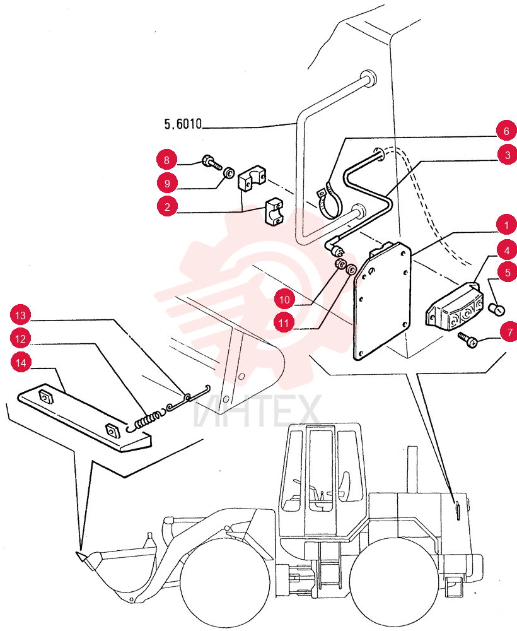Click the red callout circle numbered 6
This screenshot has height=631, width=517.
pyautogui.click(x=506, y=131)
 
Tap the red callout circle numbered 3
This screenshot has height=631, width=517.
pyautogui.click(x=507, y=155)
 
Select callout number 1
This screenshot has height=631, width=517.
pyautogui.click(x=506, y=225)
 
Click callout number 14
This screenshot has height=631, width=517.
pyautogui.click(x=21, y=363)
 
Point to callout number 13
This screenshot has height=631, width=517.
pyautogui.click(x=21, y=315)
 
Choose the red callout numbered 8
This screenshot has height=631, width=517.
pyautogui.click(x=167, y=160)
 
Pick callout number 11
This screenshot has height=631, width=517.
pyautogui.click(x=284, y=322)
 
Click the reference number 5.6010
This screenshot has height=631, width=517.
pyautogui.click(x=183, y=124)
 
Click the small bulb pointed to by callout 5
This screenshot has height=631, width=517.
pyautogui.click(x=497, y=310)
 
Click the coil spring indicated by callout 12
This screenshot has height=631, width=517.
pyautogui.click(x=146, y=420)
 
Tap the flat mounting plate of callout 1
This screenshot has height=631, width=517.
pyautogui.click(x=382, y=300)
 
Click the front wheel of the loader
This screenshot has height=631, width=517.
pyautogui.click(x=225, y=583)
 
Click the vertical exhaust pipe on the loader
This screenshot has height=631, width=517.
pyautogui.click(x=412, y=469)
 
